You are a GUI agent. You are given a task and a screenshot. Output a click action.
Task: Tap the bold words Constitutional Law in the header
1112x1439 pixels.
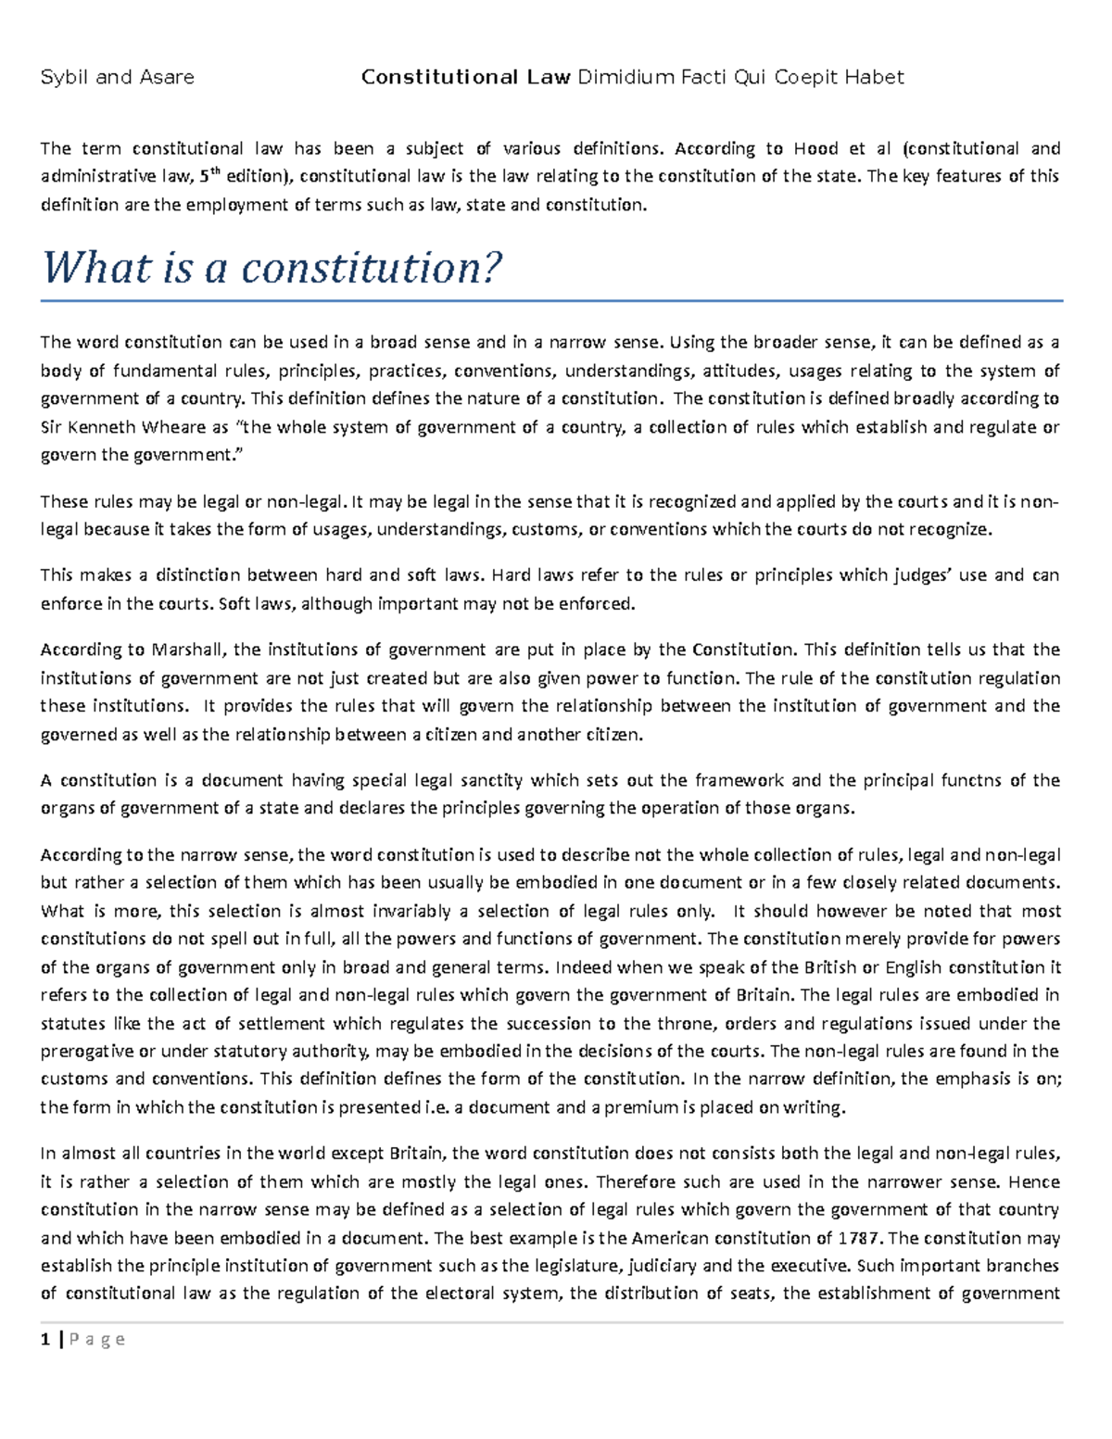[465, 78]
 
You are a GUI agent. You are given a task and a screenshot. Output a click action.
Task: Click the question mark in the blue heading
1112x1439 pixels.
[491, 269]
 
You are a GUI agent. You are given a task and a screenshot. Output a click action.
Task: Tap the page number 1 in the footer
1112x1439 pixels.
[44, 1340]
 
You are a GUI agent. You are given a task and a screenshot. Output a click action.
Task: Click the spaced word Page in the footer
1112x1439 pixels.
[100, 1340]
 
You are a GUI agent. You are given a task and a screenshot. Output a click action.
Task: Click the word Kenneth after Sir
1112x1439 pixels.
[100, 428]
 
